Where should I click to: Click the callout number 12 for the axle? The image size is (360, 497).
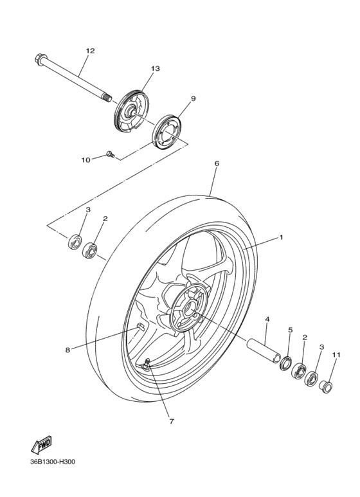90,51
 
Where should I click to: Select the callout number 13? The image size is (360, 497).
155,68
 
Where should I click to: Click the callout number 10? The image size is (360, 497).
85,160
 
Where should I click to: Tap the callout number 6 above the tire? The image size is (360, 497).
217,163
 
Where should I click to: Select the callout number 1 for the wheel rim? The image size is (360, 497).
281,237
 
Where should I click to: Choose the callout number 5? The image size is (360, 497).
290,330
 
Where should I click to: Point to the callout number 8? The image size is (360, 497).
67,350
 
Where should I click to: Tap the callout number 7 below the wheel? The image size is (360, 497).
172,422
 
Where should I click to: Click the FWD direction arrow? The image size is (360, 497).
40,445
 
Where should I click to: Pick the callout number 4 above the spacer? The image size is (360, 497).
267,319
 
